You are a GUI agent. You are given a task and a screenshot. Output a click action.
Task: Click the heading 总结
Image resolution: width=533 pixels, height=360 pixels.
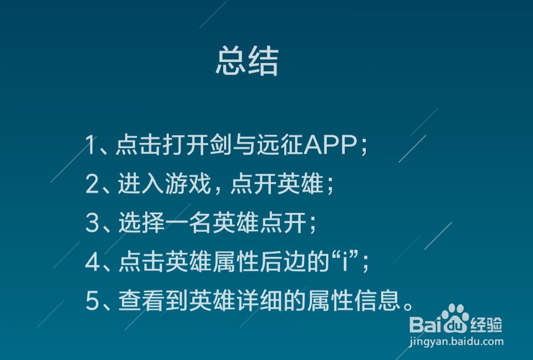tap(247, 61)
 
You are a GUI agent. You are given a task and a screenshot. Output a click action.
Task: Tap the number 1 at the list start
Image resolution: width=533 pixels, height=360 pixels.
tap(90, 145)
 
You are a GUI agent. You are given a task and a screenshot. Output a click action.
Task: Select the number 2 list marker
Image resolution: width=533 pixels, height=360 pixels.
tap(92, 184)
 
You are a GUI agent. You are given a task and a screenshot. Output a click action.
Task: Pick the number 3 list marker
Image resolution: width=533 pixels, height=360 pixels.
tap(92, 223)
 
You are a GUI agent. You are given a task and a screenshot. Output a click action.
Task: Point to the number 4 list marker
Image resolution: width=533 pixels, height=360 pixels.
tap(92, 262)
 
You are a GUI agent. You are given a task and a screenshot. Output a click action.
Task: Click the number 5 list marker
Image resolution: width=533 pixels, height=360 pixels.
tap(92, 301)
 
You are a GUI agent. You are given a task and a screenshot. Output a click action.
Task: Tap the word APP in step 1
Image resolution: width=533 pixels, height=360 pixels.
tap(330, 145)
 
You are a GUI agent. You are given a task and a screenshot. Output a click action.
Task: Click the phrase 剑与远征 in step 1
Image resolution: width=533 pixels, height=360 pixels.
tap(256, 145)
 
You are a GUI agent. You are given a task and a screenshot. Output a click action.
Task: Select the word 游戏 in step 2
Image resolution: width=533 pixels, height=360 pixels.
tap(188, 184)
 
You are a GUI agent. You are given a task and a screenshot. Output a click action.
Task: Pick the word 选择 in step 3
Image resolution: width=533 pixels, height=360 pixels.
tap(142, 223)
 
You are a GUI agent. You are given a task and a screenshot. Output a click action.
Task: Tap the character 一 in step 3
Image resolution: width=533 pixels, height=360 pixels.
tap(177, 223)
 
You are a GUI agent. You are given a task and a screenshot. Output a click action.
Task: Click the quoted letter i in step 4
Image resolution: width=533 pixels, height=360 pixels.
tap(345, 262)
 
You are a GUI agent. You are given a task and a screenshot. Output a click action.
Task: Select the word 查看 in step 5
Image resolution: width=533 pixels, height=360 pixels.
tap(142, 301)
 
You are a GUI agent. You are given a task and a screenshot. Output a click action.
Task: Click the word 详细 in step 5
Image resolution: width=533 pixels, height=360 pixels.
tap(260, 301)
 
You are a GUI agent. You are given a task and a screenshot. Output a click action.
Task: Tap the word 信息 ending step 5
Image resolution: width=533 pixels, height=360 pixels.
tap(377, 301)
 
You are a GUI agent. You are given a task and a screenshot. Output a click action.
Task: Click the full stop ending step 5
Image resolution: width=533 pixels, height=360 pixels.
tap(408, 307)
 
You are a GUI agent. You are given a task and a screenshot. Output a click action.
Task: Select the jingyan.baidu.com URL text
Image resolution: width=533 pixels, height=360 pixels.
tap(456, 341)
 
